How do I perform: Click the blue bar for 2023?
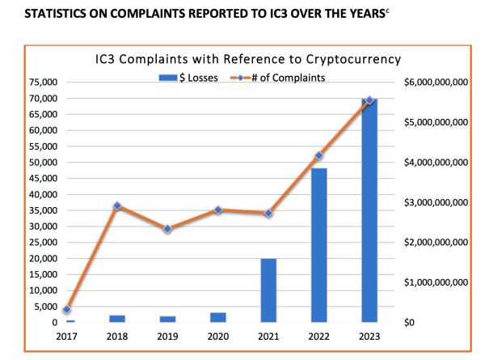pos(369,210)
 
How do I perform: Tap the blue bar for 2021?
pos(268,290)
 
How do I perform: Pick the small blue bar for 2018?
pos(117,319)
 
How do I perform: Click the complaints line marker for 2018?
pos(117,205)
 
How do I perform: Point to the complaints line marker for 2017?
pos(68,310)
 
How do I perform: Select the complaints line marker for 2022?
pos(318,155)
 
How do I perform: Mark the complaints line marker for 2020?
pos(218,210)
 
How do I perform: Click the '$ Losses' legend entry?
pos(188,77)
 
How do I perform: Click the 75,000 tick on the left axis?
pos(41,83)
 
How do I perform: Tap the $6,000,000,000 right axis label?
pos(437,83)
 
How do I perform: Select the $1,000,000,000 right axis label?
pos(437,282)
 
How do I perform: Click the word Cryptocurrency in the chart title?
pos(350,60)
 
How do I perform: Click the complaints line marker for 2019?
pos(167,229)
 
